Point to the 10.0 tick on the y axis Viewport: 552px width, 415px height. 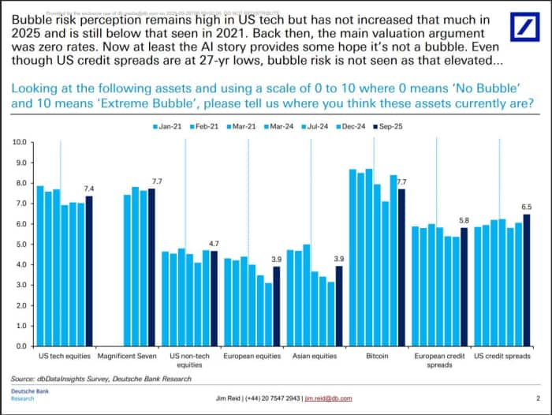(21, 143)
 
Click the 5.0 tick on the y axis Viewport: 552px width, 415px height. (21, 245)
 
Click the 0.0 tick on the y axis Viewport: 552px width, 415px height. (21, 346)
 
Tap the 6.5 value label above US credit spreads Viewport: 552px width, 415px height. (526, 207)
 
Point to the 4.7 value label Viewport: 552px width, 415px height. (213, 243)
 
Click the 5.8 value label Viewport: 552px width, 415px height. (465, 221)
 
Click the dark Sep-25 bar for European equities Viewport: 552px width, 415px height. (276, 306)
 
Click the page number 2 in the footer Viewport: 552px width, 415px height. (538, 398)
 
